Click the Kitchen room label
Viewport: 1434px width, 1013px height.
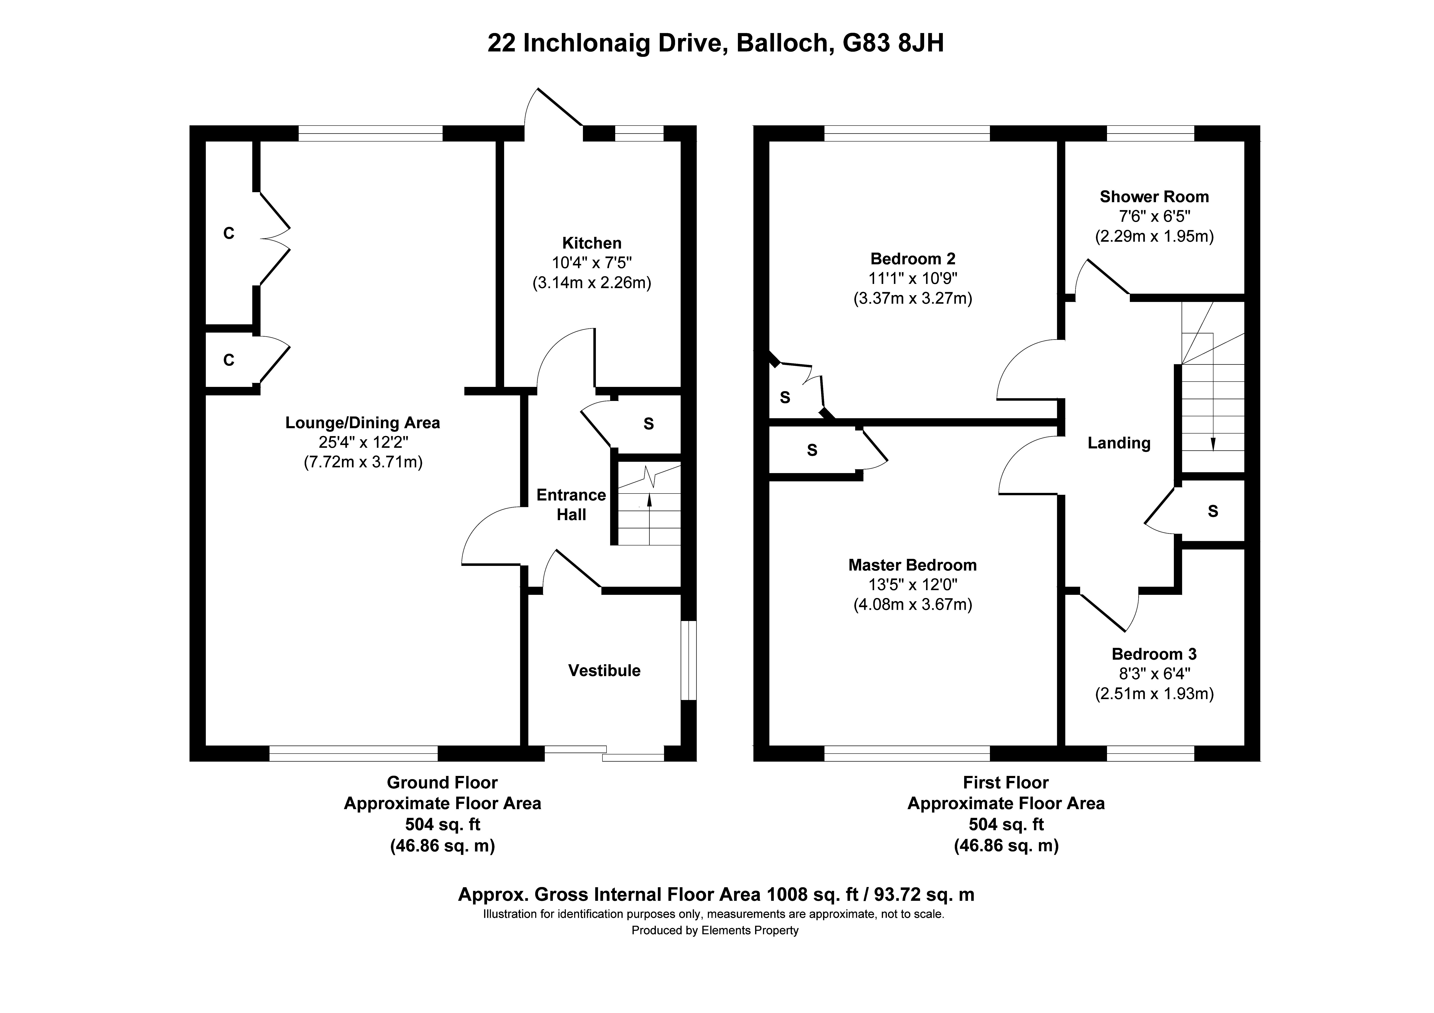click(591, 243)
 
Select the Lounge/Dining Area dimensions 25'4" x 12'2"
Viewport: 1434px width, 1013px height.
click(363, 442)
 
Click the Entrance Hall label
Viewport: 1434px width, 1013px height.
click(571, 505)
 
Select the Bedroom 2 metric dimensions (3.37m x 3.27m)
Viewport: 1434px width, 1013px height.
click(912, 299)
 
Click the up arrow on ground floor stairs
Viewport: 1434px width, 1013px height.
click(650, 500)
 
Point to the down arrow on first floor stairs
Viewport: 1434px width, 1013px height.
click(1213, 444)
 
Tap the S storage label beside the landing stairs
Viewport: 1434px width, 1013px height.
click(1213, 511)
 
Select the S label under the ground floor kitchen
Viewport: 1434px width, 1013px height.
click(648, 424)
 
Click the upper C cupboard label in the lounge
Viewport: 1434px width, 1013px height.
click(229, 234)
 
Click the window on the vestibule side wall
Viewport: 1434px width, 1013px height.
click(688, 660)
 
